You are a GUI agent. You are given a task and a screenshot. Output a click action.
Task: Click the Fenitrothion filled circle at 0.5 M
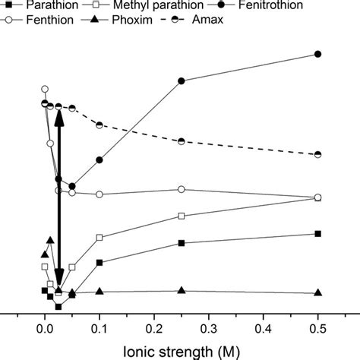tap(318, 54)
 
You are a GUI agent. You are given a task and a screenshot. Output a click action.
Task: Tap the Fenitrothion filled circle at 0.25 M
tap(181, 81)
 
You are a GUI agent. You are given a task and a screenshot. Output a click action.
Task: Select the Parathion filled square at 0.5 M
tap(318, 233)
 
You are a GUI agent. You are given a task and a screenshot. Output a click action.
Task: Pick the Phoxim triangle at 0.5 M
tap(318, 292)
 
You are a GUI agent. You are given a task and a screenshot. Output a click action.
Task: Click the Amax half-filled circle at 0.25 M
tap(181, 141)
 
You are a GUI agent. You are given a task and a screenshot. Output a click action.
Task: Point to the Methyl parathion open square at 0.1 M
tap(99, 238)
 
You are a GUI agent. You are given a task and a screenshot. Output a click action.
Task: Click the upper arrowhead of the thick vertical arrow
tap(59, 114)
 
